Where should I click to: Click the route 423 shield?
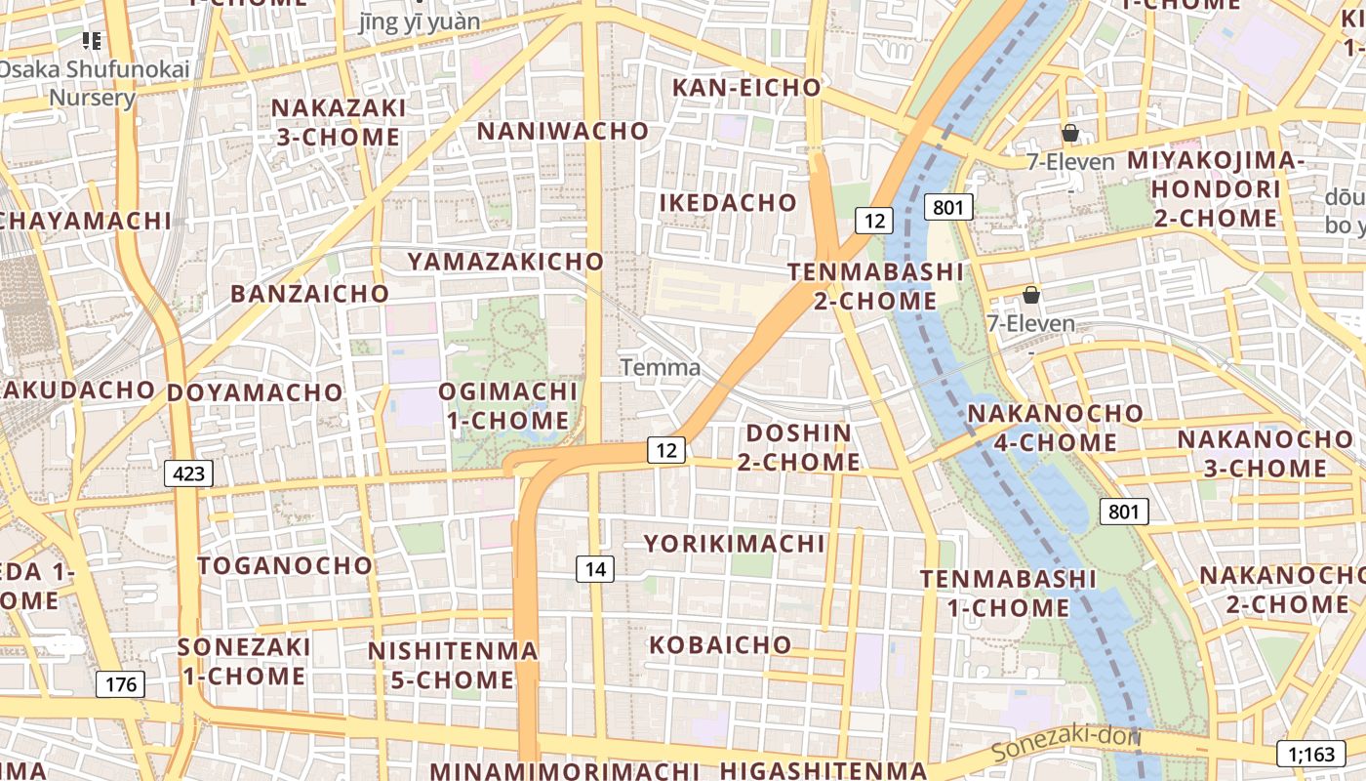pos(188,474)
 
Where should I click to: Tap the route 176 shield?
pos(121,684)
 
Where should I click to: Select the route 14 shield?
pos(595,569)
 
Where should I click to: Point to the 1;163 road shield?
pos(1310,754)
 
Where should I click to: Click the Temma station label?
pos(661,368)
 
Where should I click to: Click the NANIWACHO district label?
pos(563,131)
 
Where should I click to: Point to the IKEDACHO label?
pos(729,203)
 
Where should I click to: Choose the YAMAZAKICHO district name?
pos(505,262)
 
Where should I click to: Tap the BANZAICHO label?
pos(309,294)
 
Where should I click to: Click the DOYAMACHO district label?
pos(255,393)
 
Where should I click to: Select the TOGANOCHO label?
pos(285,566)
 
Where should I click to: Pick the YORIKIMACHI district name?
pos(734,544)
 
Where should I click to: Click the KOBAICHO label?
pos(720,645)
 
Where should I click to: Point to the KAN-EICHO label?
pos(746,88)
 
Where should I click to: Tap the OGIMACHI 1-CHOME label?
pos(507,406)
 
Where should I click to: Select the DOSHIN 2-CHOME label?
pos(798,447)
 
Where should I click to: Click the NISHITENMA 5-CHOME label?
pos(453,665)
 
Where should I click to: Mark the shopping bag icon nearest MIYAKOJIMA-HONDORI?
pos(1070,133)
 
